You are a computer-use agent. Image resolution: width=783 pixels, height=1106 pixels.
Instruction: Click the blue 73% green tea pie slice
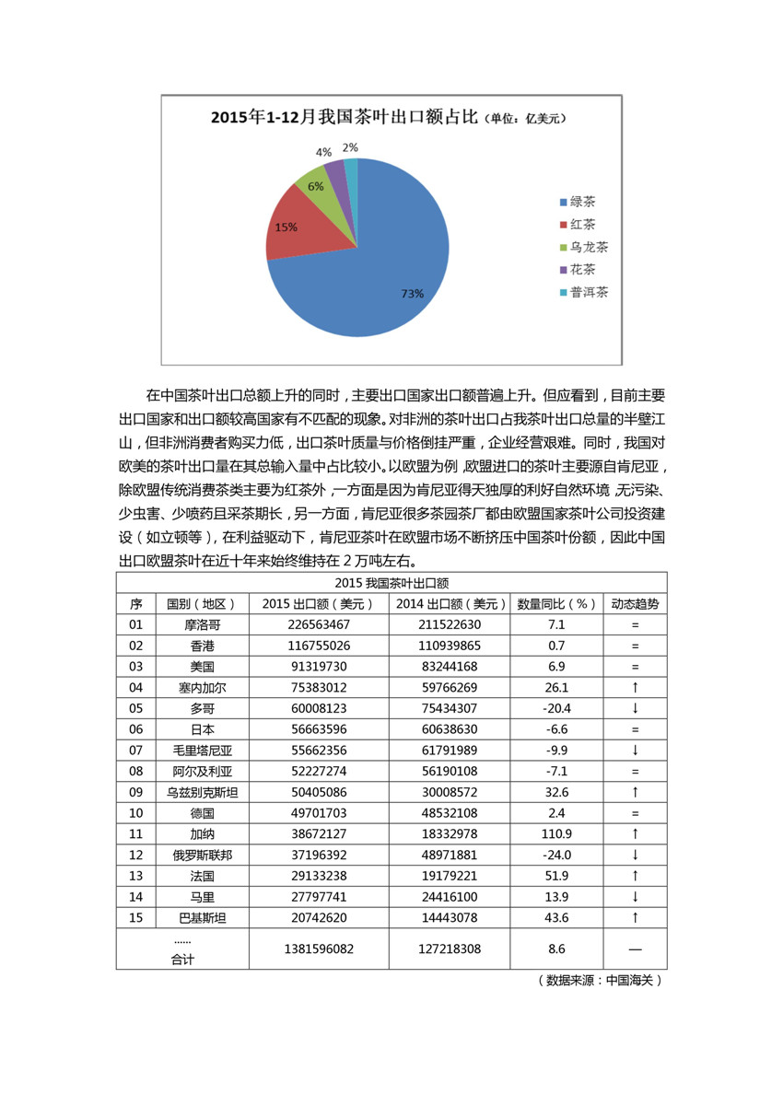click(387, 267)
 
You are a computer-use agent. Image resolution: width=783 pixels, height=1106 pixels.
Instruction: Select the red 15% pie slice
click(295, 226)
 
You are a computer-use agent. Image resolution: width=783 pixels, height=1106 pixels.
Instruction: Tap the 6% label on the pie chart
click(316, 186)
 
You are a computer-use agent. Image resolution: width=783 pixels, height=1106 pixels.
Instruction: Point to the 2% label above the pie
click(350, 147)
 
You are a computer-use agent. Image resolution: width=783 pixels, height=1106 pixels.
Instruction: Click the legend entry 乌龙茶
click(589, 247)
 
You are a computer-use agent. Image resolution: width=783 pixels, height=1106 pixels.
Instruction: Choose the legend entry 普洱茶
click(589, 292)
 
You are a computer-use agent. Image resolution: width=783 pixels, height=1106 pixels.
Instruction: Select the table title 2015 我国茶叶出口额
click(391, 583)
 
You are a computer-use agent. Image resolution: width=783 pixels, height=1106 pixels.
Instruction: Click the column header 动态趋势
click(635, 604)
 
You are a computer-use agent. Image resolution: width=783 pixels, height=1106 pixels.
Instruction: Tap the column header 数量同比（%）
click(556, 604)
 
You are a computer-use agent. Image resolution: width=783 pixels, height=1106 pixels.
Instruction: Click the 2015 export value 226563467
click(318, 624)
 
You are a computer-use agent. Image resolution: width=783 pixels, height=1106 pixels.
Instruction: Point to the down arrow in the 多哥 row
click(635, 708)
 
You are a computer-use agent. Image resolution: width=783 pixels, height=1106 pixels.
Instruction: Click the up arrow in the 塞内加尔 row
click(635, 687)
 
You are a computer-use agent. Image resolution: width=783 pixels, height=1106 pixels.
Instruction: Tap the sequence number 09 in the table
click(136, 791)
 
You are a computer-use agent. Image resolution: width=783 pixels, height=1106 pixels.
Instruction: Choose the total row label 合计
click(182, 959)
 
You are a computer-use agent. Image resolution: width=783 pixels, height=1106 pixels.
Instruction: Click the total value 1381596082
click(318, 948)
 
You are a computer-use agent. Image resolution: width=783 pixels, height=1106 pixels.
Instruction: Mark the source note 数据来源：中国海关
click(600, 981)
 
